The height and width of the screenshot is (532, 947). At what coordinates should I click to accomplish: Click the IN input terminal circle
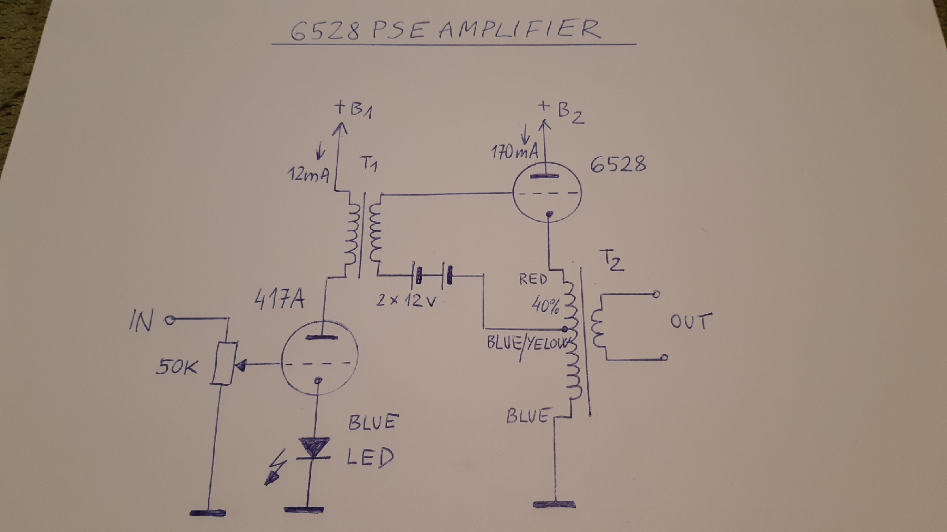[x=169, y=320]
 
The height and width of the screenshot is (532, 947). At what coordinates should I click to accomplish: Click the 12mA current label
[x=308, y=174]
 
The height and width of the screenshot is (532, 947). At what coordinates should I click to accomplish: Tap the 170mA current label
[x=515, y=152]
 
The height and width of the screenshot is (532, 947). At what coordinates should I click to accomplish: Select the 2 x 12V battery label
[x=407, y=301]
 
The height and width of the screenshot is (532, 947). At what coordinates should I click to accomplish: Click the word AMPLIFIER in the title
[x=518, y=30]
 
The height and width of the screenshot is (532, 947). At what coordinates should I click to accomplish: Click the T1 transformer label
[x=368, y=165]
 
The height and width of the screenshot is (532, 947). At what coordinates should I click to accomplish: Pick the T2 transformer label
[x=611, y=260]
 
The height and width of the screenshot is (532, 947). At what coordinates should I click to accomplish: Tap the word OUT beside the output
[x=691, y=321]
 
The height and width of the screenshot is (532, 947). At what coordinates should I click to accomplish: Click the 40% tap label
[x=545, y=305]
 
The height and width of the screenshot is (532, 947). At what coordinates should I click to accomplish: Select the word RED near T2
[x=533, y=279]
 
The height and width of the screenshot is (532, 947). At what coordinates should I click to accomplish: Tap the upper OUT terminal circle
[x=656, y=294]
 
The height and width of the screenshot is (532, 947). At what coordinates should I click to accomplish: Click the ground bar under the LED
[x=304, y=509]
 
